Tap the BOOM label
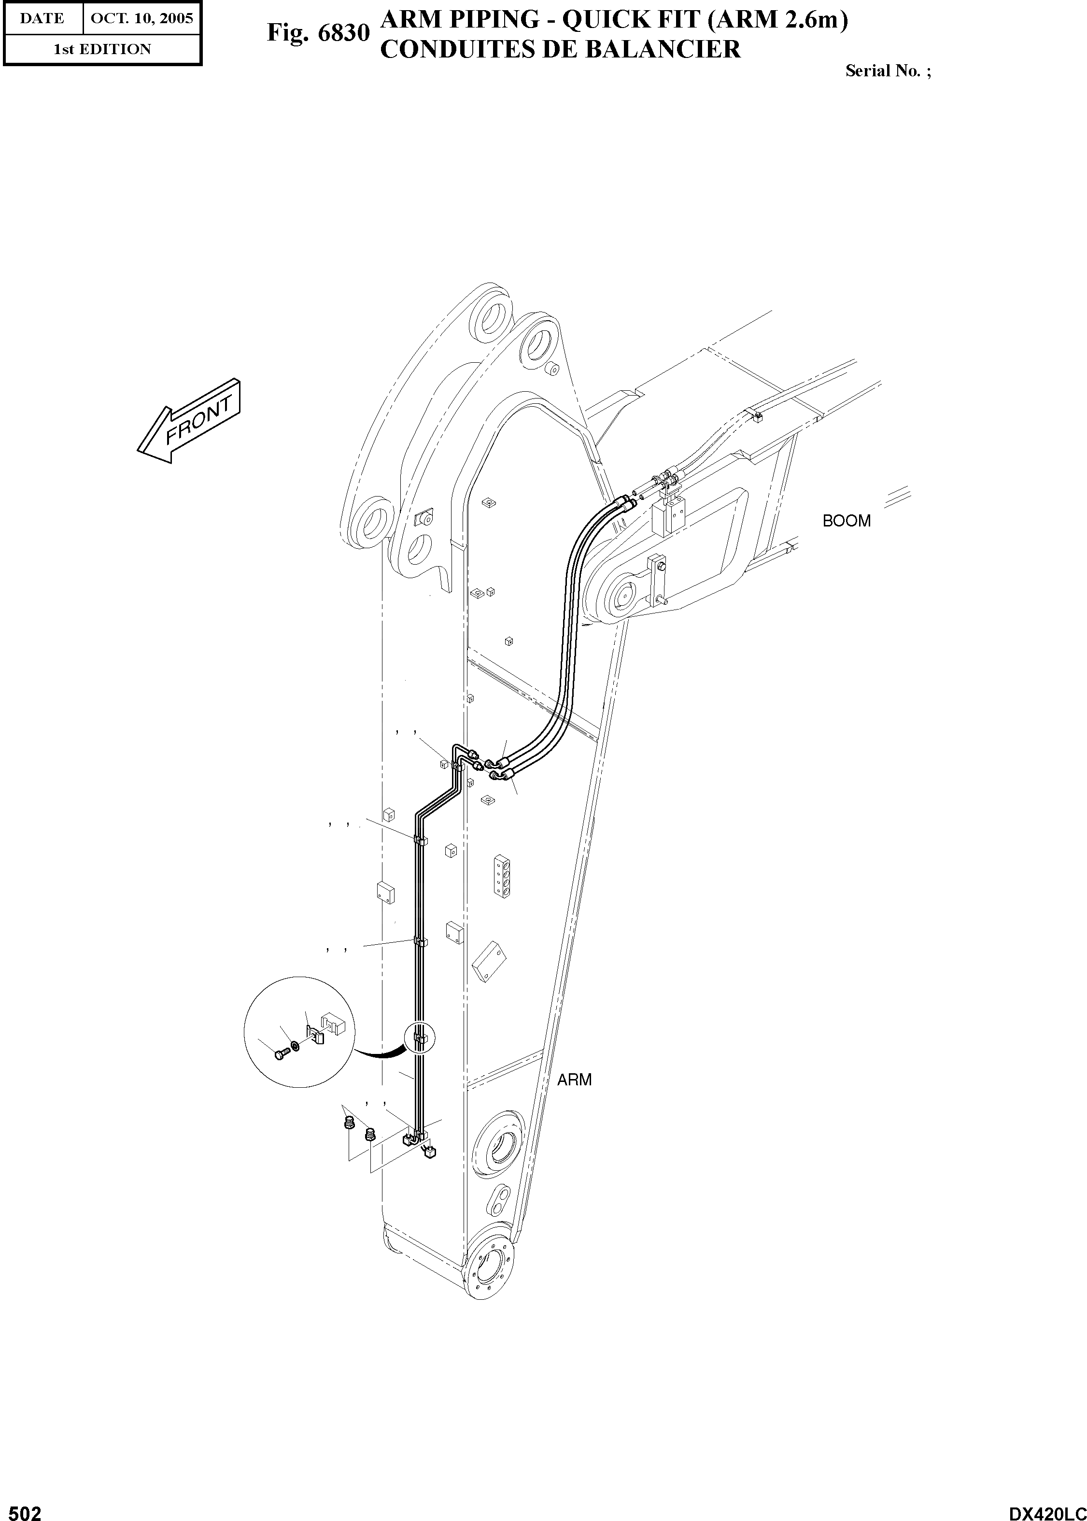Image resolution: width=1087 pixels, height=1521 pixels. (x=846, y=521)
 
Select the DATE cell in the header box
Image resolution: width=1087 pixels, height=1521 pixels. (x=42, y=18)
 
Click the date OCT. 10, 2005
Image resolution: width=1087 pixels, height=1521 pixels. (x=141, y=18)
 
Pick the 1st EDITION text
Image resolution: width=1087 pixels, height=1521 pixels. (x=102, y=49)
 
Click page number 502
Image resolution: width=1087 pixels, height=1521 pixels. (x=26, y=1508)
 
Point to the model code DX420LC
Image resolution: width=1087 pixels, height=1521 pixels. (x=1047, y=1509)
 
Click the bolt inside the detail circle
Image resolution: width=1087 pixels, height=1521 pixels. (x=279, y=1055)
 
